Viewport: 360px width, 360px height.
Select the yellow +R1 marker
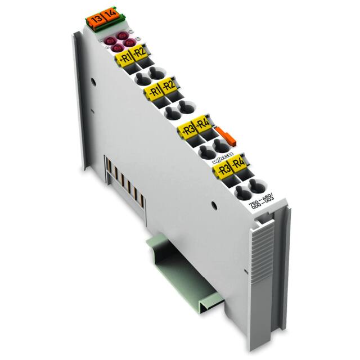coord(124,57)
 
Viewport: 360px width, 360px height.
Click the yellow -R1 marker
coord(153,90)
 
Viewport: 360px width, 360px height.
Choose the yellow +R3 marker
coord(185,130)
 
